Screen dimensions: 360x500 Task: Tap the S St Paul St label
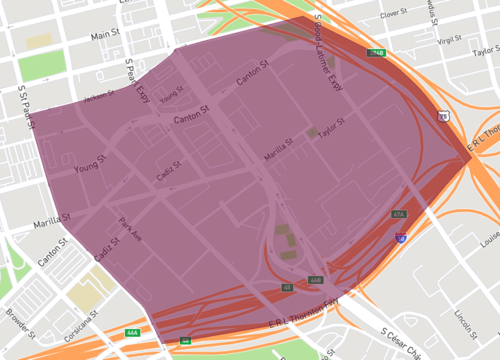click(x=23, y=105)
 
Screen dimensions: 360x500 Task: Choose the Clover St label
click(x=394, y=14)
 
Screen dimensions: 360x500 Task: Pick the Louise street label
click(x=489, y=241)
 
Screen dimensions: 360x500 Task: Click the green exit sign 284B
click(x=376, y=52)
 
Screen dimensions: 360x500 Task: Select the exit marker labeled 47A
click(x=399, y=214)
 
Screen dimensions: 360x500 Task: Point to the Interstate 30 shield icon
click(x=400, y=238)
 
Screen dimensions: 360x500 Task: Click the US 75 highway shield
click(x=442, y=116)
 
